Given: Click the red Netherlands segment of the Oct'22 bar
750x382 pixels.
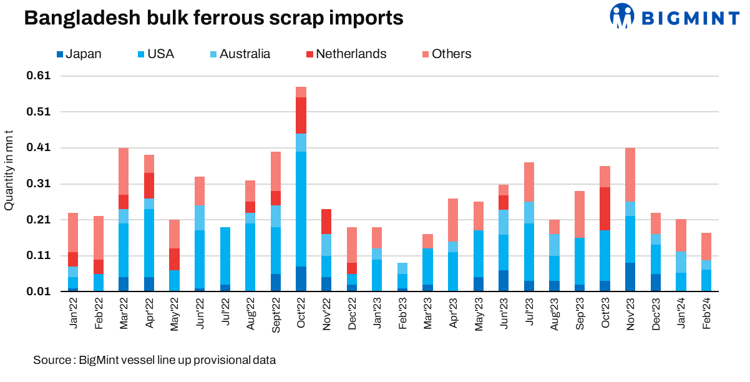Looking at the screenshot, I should tap(301, 115).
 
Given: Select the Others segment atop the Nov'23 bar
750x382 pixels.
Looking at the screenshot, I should tap(631, 175).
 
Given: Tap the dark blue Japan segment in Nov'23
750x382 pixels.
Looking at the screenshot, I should tap(631, 277).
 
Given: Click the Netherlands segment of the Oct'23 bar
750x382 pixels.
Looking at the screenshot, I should tap(605, 208).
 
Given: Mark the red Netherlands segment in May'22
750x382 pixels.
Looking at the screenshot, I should tap(174, 259).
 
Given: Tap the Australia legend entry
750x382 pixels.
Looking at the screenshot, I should tap(239, 54).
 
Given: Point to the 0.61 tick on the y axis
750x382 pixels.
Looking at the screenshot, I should tap(39, 76).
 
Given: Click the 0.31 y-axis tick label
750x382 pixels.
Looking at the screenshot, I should tap(39, 184).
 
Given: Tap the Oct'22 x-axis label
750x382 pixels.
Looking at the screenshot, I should tap(301, 313).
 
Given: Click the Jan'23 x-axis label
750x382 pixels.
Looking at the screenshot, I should tap(377, 313).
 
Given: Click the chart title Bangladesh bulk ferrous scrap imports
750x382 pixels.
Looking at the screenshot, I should tap(213, 18).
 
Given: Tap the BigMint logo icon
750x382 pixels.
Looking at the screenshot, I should tap(621, 16).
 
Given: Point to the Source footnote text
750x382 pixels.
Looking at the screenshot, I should tap(154, 360).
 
